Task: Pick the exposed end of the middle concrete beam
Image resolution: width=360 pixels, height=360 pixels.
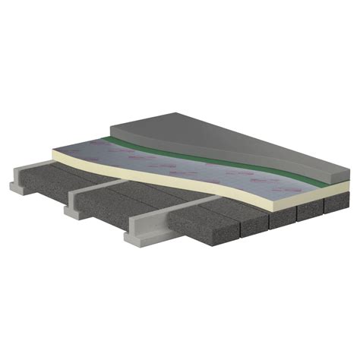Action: click(x=76, y=204)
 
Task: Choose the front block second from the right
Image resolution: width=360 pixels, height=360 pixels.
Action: click(x=308, y=213)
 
